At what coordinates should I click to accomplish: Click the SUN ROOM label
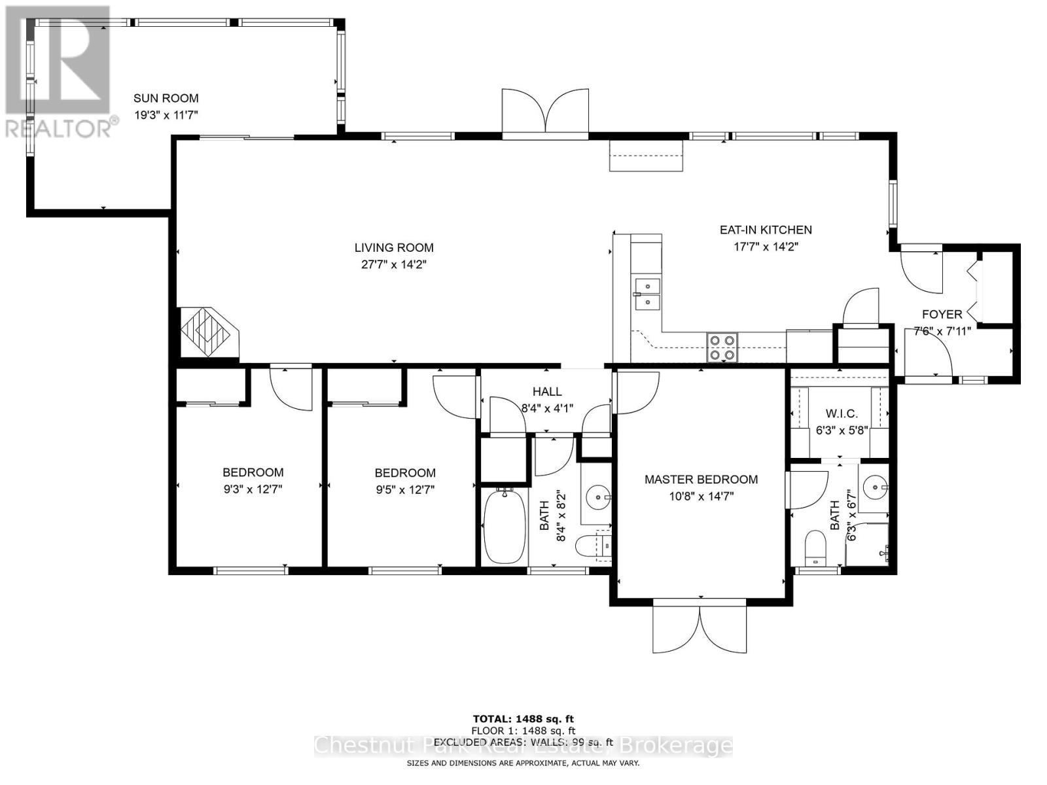[166, 98]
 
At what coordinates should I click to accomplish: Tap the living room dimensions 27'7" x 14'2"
[394, 264]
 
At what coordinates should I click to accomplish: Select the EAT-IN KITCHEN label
[766, 230]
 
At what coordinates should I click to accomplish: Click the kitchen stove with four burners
[722, 347]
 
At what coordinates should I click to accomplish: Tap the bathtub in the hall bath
[504, 527]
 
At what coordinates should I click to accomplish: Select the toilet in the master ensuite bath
[815, 547]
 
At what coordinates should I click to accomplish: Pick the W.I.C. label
[841, 414]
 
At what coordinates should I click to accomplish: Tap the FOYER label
[942, 315]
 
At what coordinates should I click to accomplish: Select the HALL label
[546, 392]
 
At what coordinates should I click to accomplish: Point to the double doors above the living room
[545, 111]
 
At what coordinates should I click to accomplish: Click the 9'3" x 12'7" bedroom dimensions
[253, 489]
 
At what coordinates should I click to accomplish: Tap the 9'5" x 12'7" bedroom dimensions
[404, 489]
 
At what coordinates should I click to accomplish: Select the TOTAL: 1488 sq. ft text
[523, 719]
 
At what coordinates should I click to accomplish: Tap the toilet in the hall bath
[593, 544]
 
